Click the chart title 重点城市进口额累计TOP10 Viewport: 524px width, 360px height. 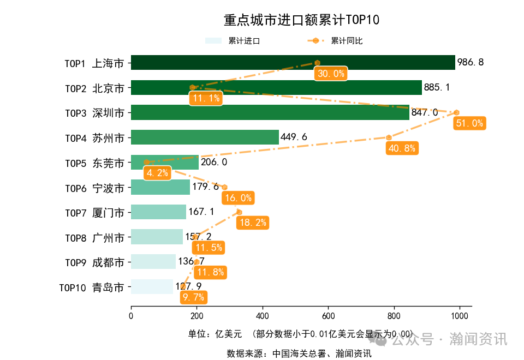click(x=301, y=20)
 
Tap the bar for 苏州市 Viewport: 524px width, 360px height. click(x=205, y=137)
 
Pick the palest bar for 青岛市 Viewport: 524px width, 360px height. click(x=152, y=286)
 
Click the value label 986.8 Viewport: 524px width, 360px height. click(x=471, y=63)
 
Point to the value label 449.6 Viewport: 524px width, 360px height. click(x=294, y=137)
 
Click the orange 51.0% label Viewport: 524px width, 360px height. click(x=469, y=123)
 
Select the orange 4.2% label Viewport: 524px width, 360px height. click(x=157, y=173)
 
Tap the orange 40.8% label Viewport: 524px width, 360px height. click(x=402, y=148)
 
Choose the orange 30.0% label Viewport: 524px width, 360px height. click(x=331, y=74)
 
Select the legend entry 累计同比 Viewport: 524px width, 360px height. click(x=347, y=41)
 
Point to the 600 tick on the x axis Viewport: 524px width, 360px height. click(x=328, y=315)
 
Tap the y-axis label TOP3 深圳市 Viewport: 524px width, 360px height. click(x=94, y=113)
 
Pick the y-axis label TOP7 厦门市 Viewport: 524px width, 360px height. click(x=94, y=212)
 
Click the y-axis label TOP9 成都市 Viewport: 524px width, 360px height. click(x=94, y=262)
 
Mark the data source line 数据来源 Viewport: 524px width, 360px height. click(x=299, y=353)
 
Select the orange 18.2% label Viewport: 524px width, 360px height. click(x=252, y=223)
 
